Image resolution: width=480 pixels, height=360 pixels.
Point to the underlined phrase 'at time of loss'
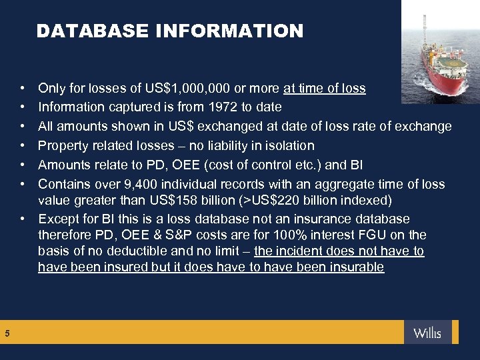click(325, 87)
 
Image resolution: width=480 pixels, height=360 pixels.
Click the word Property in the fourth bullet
click(63, 145)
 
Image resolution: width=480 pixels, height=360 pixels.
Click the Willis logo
click(427, 333)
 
